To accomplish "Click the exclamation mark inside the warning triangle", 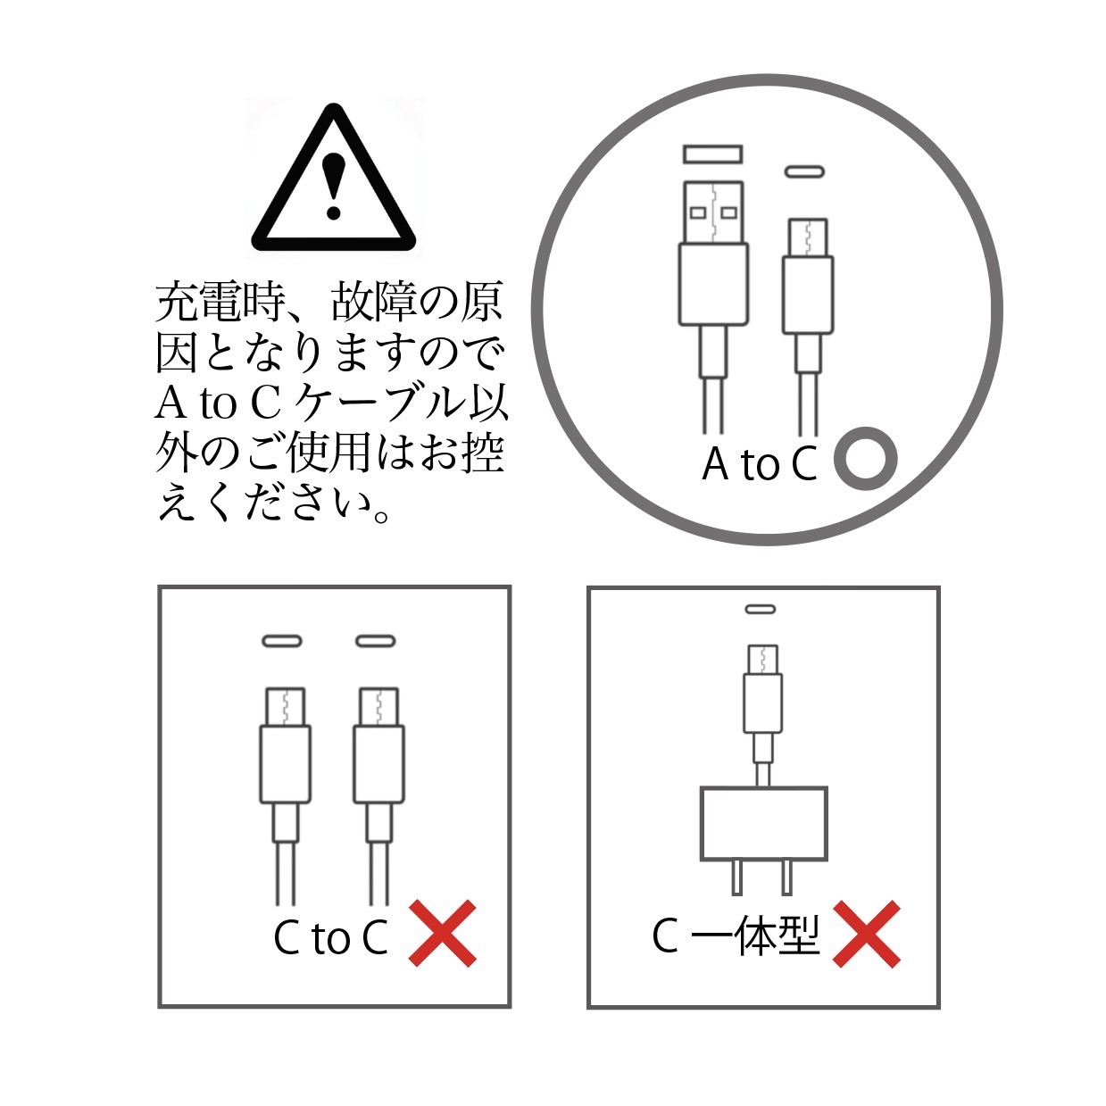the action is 333,186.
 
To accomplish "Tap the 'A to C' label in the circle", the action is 760,464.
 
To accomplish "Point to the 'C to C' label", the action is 331,937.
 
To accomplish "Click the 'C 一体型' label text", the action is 736,936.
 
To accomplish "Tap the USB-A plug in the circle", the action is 713,307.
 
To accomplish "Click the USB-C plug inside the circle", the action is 808,326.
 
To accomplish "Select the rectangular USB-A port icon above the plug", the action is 713,154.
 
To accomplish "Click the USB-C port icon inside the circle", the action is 804,171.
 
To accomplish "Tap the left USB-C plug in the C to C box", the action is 286,796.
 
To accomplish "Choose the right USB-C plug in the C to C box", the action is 378,796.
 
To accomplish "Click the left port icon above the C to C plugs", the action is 282,641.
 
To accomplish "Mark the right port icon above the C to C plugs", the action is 376,641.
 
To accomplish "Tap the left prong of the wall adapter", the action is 737,877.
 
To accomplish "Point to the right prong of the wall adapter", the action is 787,877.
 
